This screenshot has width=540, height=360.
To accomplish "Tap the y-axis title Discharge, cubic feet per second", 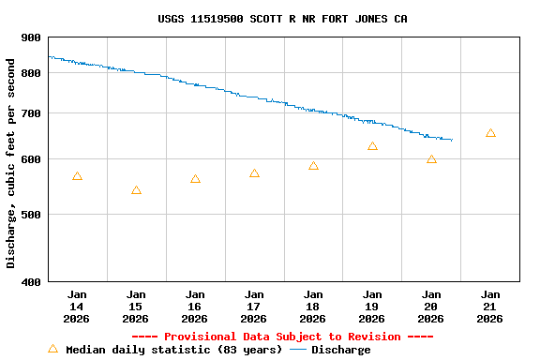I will coord(11,163).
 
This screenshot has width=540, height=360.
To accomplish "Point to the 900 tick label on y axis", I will coord(31,37).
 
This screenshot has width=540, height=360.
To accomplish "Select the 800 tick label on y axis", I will coord(31,73).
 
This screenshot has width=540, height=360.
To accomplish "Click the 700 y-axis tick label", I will coord(31,113).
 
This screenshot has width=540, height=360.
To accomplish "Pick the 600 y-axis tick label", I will coord(31,159).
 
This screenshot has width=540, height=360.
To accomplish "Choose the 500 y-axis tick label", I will coord(31,214).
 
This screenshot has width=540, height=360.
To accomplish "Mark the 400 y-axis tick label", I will coord(31,281).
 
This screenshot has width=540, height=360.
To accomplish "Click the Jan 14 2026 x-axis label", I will coord(77,307).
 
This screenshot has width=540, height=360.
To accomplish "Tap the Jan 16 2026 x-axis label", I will coord(195,307).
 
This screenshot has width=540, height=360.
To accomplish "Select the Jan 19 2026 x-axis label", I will coord(372,307).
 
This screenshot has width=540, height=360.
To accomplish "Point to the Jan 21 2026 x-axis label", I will coord(490,307).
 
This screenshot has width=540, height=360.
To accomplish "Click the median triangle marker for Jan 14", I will coord(77,176).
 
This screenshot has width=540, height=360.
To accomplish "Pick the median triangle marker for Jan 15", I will coord(136,190).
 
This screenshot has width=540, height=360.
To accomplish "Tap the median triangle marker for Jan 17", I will coord(254,173).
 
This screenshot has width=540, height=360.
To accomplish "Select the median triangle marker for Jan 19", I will coord(372,146).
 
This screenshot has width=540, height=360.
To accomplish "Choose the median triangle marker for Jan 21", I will coord(490,133).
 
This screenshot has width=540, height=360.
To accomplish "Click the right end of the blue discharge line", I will coord(452,140).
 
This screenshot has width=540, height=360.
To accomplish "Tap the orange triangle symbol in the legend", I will coord(52,349).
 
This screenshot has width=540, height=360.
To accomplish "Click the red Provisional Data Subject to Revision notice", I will coord(282,337).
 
